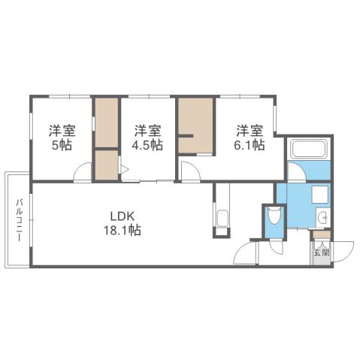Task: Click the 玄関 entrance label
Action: pos(321,252)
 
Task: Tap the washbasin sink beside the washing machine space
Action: pos(322,219)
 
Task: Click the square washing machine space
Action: pos(313,194)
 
